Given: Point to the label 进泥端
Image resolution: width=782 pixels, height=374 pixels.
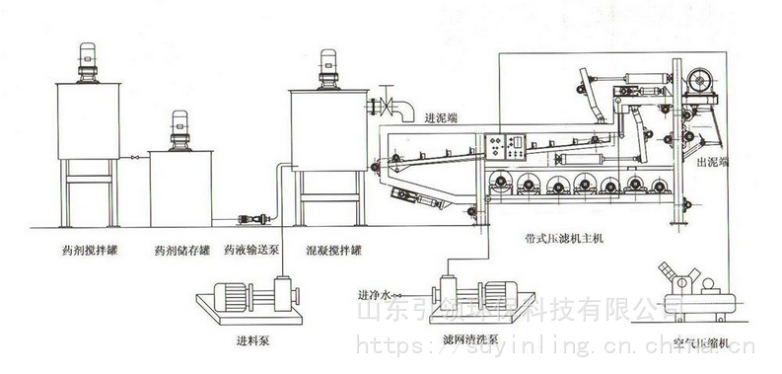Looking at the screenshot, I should [442, 118].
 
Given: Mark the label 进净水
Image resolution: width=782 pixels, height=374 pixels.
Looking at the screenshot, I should [374, 293].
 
